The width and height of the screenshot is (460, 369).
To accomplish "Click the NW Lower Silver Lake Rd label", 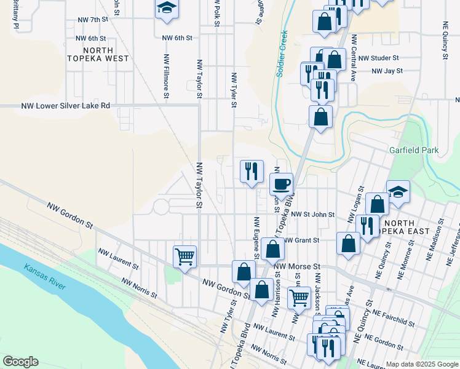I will point(65,106).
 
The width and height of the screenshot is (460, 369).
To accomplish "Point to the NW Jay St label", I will point(386,71).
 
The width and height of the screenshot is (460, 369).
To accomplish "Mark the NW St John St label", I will point(313,215).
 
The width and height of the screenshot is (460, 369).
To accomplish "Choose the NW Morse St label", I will point(298,266).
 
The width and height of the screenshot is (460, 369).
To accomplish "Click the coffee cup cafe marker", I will point(282,184).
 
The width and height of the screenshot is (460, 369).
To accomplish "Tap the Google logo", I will point(20,362).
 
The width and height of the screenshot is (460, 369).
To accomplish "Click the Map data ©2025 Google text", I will point(422,364).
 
